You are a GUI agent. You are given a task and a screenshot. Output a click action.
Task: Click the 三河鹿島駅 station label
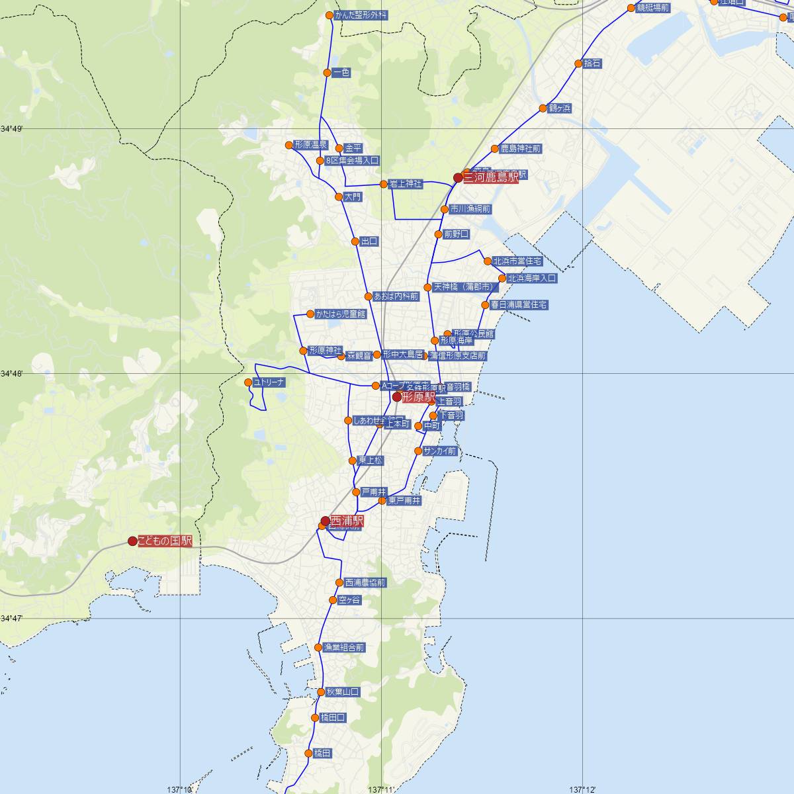pos(490,177)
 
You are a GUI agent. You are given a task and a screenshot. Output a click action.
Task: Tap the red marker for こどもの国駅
pos(132,541)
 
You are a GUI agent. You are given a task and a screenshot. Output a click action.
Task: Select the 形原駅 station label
pos(418,397)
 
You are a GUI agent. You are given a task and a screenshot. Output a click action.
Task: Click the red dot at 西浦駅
pos(325,521)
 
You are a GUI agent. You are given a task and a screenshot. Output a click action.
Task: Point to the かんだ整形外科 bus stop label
pos(361,15)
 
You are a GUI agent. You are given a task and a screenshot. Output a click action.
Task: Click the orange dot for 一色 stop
pos(327,73)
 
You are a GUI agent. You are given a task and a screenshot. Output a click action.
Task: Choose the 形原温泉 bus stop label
pos(311,145)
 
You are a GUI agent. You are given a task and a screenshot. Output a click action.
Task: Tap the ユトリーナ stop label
pos(269,382)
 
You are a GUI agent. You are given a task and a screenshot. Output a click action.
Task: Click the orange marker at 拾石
pos(579,64)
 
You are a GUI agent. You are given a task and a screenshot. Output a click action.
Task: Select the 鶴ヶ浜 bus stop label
pos(559,108)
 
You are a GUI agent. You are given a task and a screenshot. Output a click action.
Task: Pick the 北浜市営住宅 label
pos(517,261)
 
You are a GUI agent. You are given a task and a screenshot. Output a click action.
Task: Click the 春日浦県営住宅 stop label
pos(519,305)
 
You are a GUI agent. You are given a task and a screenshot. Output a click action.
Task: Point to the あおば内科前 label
pos(396,296)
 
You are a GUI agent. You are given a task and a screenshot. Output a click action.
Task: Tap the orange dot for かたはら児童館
pos(310,314)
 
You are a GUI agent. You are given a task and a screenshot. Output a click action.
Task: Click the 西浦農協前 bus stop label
pos(365,583)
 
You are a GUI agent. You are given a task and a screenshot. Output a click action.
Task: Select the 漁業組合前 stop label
pos(343,647)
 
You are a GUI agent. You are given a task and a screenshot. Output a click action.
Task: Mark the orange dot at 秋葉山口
pos(321,692)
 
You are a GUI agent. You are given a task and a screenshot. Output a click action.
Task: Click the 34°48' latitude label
pos(11,374)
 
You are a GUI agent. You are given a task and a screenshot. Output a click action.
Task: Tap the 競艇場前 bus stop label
pos(653,8)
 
